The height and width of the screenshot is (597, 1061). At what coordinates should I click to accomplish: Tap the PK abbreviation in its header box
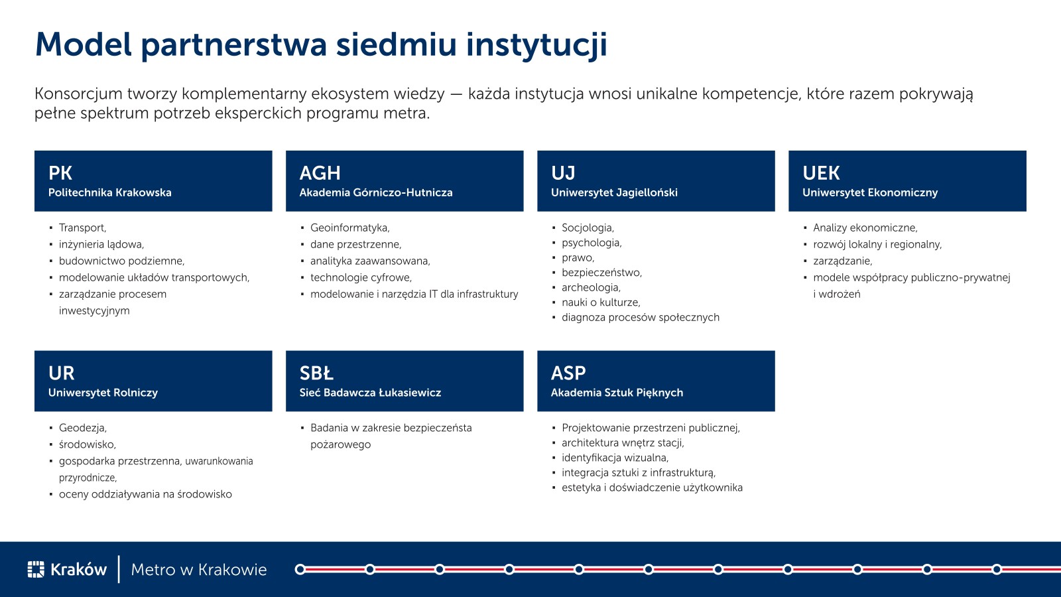coord(60,173)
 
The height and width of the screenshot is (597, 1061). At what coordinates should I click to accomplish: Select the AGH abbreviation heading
coord(320,173)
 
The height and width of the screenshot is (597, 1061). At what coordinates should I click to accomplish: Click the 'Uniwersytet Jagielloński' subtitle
coord(614,193)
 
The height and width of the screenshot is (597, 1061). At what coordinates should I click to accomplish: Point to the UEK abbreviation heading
coord(821,173)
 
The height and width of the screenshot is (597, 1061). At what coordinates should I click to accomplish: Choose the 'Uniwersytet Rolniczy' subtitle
coord(103,393)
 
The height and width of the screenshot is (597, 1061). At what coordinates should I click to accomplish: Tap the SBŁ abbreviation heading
coord(316,373)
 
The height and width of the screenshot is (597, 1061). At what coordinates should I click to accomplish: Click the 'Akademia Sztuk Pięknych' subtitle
coord(617,393)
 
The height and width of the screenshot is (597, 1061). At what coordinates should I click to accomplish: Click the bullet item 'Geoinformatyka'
coord(350,228)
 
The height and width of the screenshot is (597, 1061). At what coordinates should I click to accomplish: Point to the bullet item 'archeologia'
coord(591,288)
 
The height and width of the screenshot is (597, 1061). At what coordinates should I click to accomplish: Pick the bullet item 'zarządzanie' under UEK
coord(843,261)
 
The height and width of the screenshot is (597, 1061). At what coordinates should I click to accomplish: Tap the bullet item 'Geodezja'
coord(83,428)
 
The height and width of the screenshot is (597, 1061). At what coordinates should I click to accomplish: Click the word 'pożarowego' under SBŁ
coord(341,445)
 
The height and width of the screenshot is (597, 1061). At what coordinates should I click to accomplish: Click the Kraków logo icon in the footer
coord(36,569)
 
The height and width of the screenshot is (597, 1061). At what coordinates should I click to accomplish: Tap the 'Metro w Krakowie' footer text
coord(199,570)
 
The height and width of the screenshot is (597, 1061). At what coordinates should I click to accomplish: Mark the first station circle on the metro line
coord(300,569)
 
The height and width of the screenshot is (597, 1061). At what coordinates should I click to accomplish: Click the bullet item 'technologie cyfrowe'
coord(361,278)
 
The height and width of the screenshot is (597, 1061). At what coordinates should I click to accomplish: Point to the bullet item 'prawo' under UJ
coord(578,258)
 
